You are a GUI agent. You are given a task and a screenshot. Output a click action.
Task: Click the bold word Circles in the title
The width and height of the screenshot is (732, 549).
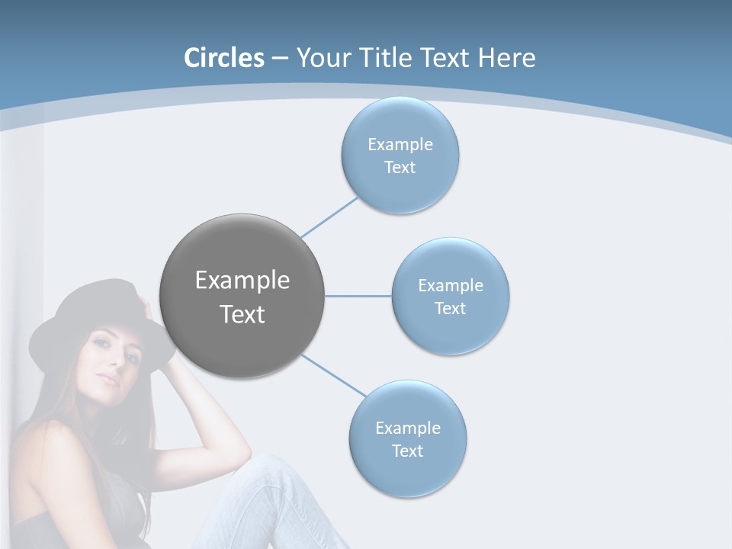(223, 58)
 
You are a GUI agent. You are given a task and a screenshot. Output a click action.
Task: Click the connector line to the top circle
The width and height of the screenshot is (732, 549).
(329, 217)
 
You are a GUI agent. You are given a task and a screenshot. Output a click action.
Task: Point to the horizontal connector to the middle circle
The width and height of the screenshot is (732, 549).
(358, 296)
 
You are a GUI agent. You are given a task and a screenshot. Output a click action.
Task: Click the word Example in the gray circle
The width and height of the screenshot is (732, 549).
(242, 281)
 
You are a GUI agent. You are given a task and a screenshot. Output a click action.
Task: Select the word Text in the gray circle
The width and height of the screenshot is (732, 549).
(242, 314)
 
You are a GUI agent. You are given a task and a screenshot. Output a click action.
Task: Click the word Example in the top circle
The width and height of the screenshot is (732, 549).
(400, 144)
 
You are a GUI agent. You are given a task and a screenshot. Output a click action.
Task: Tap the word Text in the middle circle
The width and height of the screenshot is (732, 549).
(450, 308)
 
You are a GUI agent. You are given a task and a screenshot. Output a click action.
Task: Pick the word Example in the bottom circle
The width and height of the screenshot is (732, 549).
(408, 428)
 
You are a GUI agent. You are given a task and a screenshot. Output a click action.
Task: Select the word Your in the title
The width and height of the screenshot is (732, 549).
(322, 58)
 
